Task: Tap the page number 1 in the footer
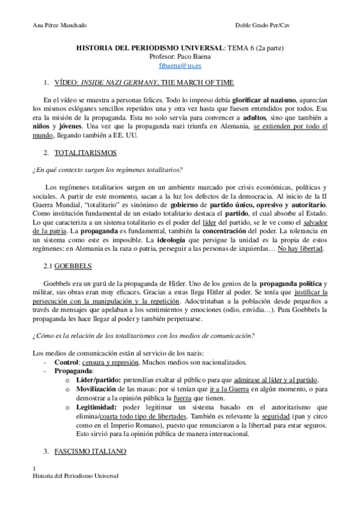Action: [34, 468]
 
